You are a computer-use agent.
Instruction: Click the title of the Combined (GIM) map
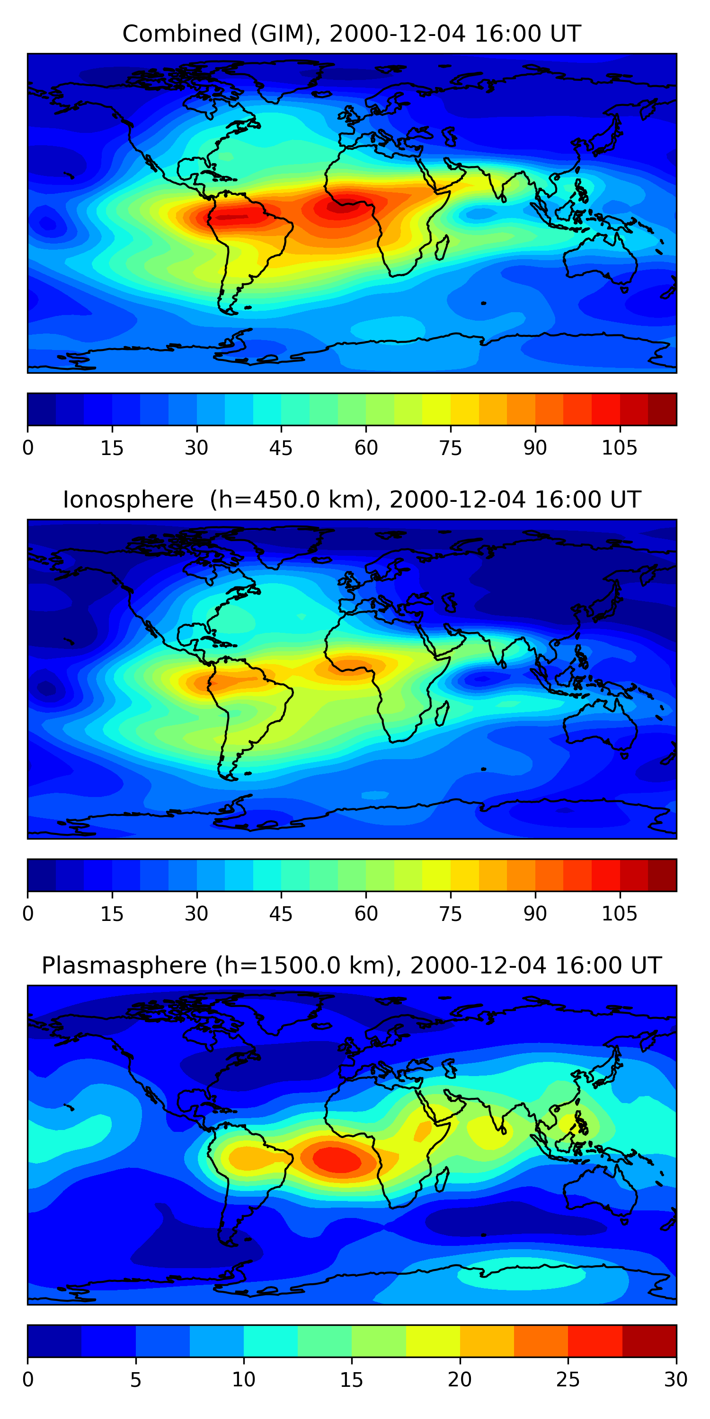click(351, 34)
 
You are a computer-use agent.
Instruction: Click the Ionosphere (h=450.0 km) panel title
click(351, 499)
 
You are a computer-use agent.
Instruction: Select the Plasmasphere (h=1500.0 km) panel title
click(351, 966)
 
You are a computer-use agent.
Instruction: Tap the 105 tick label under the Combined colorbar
click(619, 448)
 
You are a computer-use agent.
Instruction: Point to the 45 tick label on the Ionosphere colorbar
click(281, 914)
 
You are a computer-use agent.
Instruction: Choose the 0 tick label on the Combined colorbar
click(28, 448)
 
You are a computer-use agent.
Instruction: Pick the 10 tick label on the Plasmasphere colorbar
click(243, 1380)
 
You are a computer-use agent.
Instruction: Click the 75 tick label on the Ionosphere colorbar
click(450, 914)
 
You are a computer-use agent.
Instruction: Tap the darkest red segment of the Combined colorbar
click(662, 409)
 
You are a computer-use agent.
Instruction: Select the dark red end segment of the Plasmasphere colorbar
click(649, 1341)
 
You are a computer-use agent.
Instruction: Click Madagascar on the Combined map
click(442, 247)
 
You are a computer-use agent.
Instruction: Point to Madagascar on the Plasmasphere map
click(442, 1179)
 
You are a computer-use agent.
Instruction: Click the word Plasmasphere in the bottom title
click(124, 966)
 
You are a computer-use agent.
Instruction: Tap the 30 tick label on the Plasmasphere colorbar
click(675, 1380)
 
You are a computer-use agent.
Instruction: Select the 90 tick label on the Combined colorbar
click(535, 448)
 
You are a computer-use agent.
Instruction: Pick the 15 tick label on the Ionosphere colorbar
click(112, 914)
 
